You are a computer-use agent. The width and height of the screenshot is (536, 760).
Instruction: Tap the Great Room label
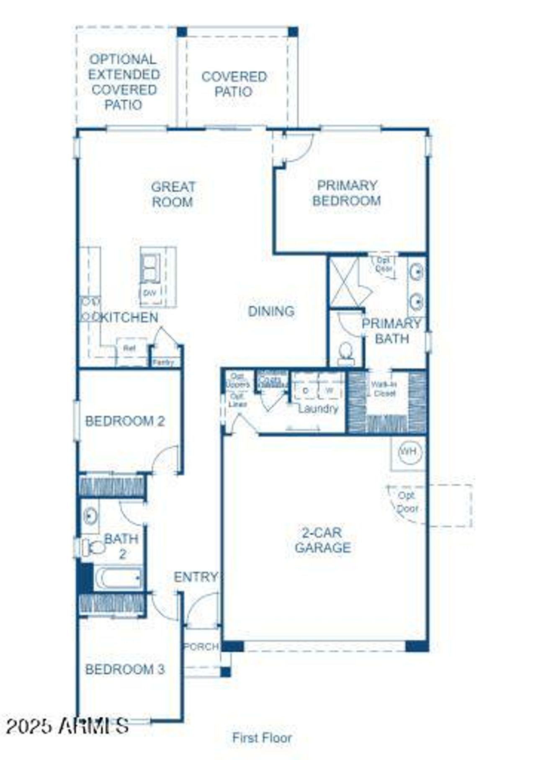(x=173, y=194)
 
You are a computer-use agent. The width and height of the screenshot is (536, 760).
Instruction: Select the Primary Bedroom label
(x=347, y=193)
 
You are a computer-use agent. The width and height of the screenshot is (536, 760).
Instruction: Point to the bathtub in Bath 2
(x=119, y=578)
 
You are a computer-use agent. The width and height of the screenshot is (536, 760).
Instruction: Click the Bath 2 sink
(x=90, y=516)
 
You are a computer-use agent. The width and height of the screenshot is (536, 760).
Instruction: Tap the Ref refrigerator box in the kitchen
(x=130, y=348)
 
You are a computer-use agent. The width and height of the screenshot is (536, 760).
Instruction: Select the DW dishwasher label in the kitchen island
(x=149, y=294)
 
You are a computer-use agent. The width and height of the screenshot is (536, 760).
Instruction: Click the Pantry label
(x=163, y=363)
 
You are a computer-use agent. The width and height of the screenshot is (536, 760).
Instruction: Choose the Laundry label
(x=318, y=409)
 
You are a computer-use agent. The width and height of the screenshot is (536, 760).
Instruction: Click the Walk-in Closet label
(x=384, y=389)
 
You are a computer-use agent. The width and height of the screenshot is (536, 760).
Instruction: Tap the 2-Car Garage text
(x=322, y=540)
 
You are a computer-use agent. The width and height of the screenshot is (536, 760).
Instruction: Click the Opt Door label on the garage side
(x=407, y=502)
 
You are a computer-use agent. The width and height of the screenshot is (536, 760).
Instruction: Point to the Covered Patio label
(x=234, y=84)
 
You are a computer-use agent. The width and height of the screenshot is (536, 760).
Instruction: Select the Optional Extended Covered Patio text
(x=124, y=82)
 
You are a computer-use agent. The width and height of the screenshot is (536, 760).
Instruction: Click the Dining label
(x=271, y=311)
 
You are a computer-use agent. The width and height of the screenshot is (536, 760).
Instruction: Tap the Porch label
(x=201, y=647)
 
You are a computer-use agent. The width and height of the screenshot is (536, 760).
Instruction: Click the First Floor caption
(x=262, y=737)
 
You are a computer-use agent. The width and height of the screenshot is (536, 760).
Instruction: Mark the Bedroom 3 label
(x=125, y=669)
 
